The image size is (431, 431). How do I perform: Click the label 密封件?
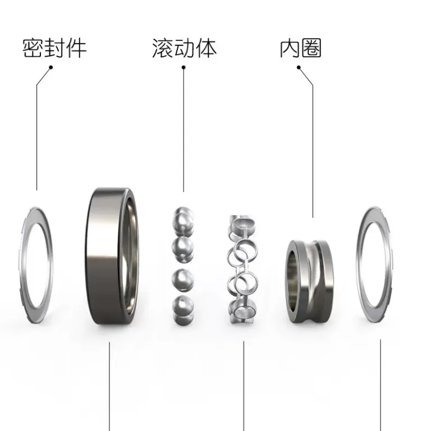pos(54,48)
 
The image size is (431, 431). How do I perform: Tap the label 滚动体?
pos(185,48)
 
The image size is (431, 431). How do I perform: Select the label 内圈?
pos(300,48)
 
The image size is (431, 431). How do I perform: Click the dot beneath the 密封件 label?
pos(51,67)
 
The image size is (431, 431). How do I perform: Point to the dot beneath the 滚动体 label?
pos(184,67)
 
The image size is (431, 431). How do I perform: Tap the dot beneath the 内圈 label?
pos(299,67)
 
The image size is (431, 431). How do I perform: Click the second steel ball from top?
pos(182,248)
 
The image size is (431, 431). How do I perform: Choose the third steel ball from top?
pos(182,280)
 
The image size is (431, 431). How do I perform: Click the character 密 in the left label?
pos(33,48)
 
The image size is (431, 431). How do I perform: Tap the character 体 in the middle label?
pos(207,48)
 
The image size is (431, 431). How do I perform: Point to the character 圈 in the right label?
pos(311,48)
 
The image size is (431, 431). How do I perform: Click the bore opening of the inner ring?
pos(292,281)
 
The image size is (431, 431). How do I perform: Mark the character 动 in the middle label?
pos(185,48)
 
